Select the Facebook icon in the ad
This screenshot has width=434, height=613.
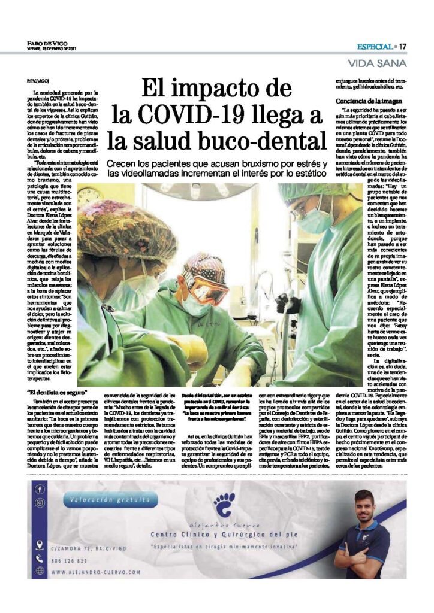coord(40,489)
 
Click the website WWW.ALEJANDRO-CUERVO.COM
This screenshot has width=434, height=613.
coord(96,572)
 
